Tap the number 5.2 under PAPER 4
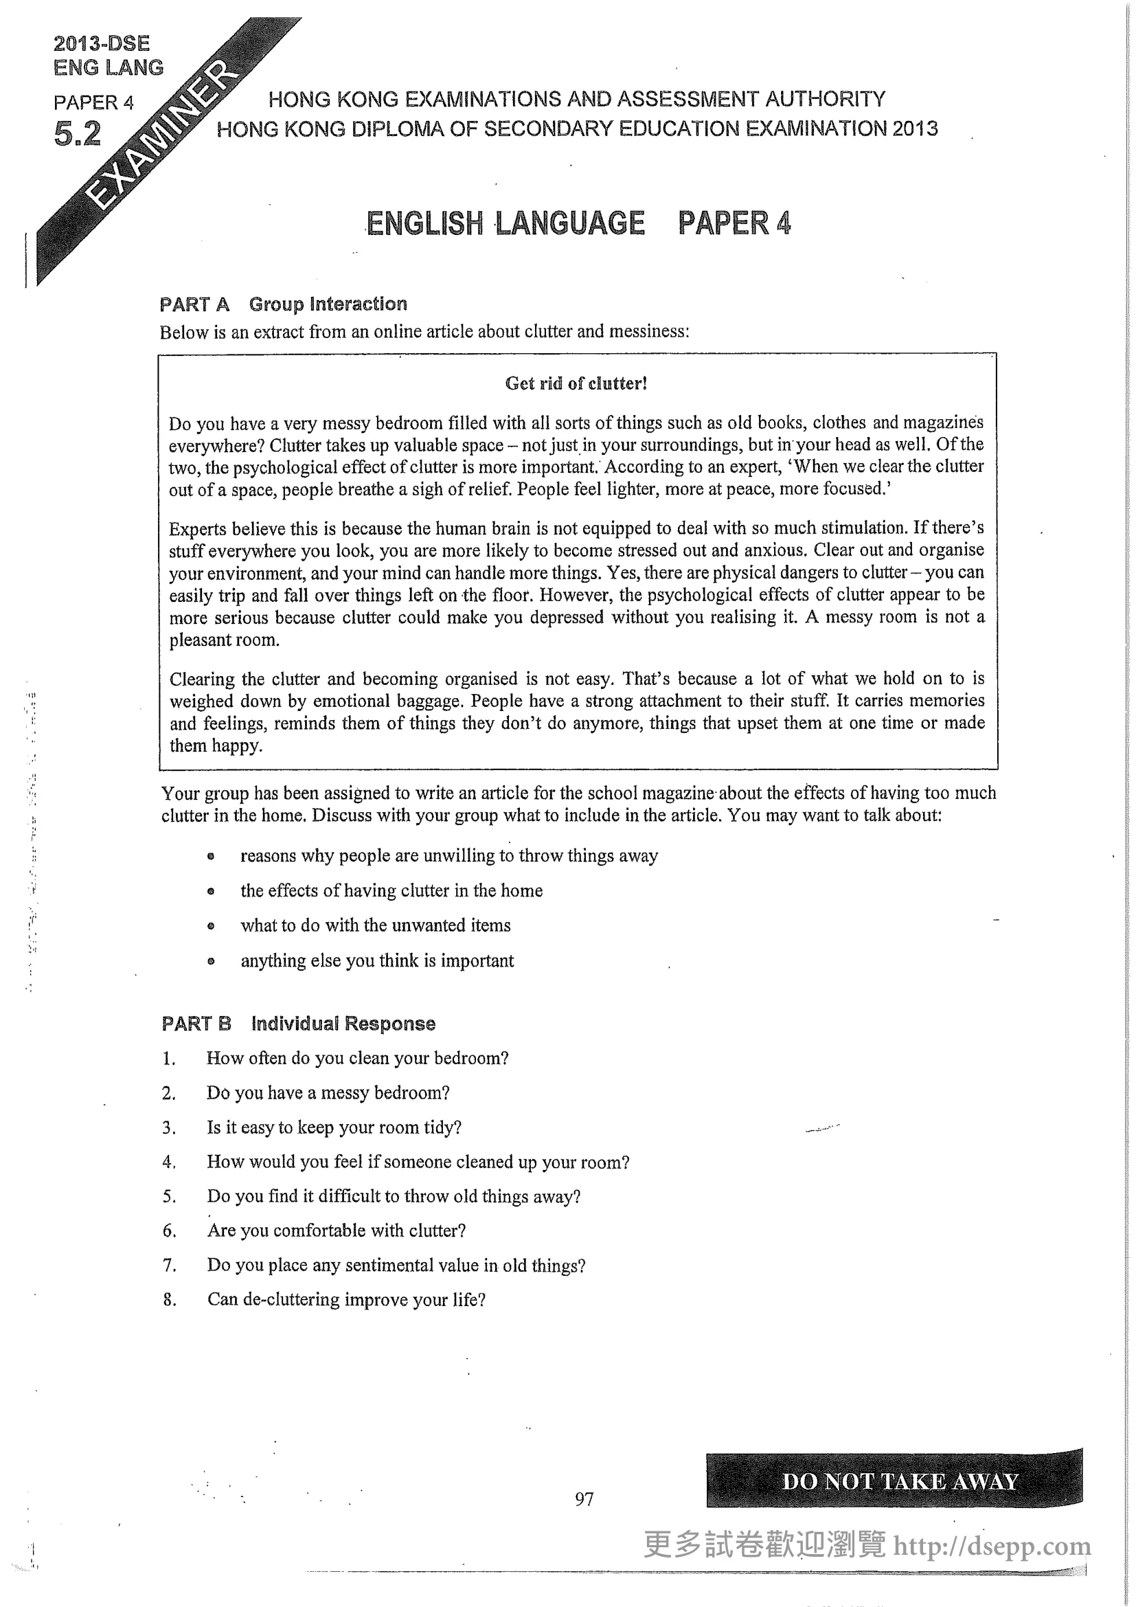(x=77, y=134)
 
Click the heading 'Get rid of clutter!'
(x=576, y=383)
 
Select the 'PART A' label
(x=194, y=304)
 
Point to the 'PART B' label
(x=196, y=1024)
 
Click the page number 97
(x=584, y=1498)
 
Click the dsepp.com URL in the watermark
(x=992, y=1546)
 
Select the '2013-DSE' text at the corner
(x=102, y=43)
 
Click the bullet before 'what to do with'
(x=211, y=926)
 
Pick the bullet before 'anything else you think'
(x=211, y=961)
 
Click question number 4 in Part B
(x=168, y=1162)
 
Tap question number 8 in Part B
(x=168, y=1300)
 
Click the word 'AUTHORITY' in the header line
(x=825, y=99)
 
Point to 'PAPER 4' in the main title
(x=734, y=223)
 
